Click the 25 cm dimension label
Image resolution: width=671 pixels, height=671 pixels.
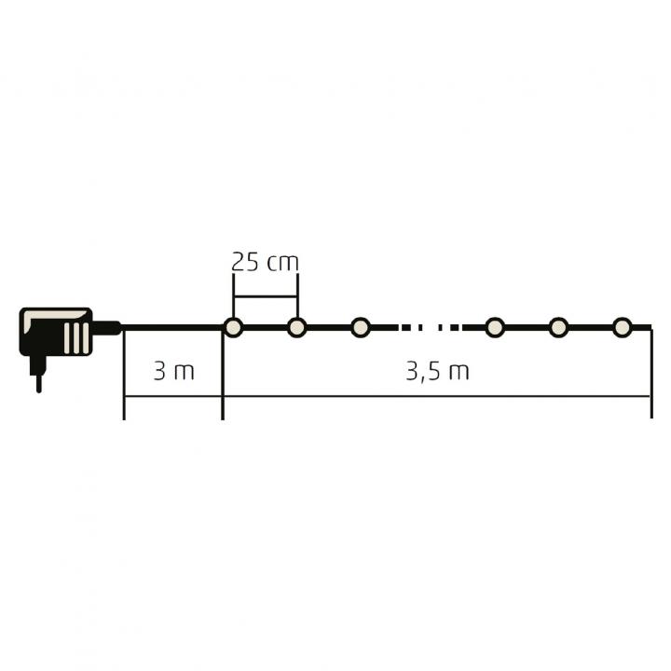tap(265, 262)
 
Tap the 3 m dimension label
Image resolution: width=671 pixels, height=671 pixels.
tap(173, 371)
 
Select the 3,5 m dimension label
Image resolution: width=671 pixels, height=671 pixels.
tap(437, 372)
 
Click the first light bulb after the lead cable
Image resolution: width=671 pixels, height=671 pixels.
tap(233, 328)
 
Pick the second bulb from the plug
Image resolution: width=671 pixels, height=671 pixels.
tap(297, 328)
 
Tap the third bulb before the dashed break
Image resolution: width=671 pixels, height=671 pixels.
tap(361, 328)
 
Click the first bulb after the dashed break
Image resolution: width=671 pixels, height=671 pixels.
tap(495, 328)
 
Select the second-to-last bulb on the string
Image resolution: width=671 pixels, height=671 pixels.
tap(558, 328)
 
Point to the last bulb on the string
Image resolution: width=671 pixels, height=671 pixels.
tap(623, 328)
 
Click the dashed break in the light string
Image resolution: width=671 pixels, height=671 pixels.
tap(430, 328)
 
